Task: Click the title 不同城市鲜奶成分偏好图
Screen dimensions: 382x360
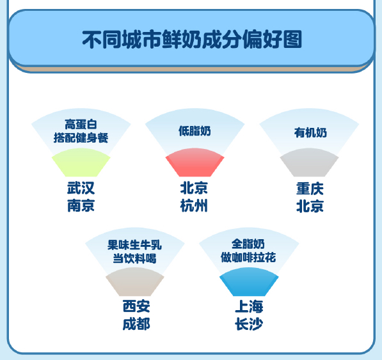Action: point(192,39)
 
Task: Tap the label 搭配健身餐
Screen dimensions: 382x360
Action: point(81,138)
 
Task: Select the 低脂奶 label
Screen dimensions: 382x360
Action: point(195,131)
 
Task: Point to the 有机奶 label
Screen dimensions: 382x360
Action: point(310,132)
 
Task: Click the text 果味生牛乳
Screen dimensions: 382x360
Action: point(134,245)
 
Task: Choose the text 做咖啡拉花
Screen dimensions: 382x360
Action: point(248,258)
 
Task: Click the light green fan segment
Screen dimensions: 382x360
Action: point(81,162)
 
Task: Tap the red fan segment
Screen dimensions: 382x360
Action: point(195,162)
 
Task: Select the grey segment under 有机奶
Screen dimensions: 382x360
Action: point(310,162)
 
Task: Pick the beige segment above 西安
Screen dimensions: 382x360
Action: point(135,282)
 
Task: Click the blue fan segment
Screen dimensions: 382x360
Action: point(249,282)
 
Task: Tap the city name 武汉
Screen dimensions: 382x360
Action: point(81,188)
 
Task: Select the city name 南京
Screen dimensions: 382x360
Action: point(81,206)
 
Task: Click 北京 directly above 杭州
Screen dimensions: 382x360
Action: point(194,188)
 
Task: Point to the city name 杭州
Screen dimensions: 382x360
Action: point(194,206)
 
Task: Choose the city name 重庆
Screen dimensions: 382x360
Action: point(310,189)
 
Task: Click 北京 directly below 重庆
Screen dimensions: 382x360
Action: point(310,207)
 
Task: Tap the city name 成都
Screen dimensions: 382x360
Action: point(136,324)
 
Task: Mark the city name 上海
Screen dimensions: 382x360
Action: point(249,306)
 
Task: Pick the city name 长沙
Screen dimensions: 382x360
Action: point(249,324)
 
